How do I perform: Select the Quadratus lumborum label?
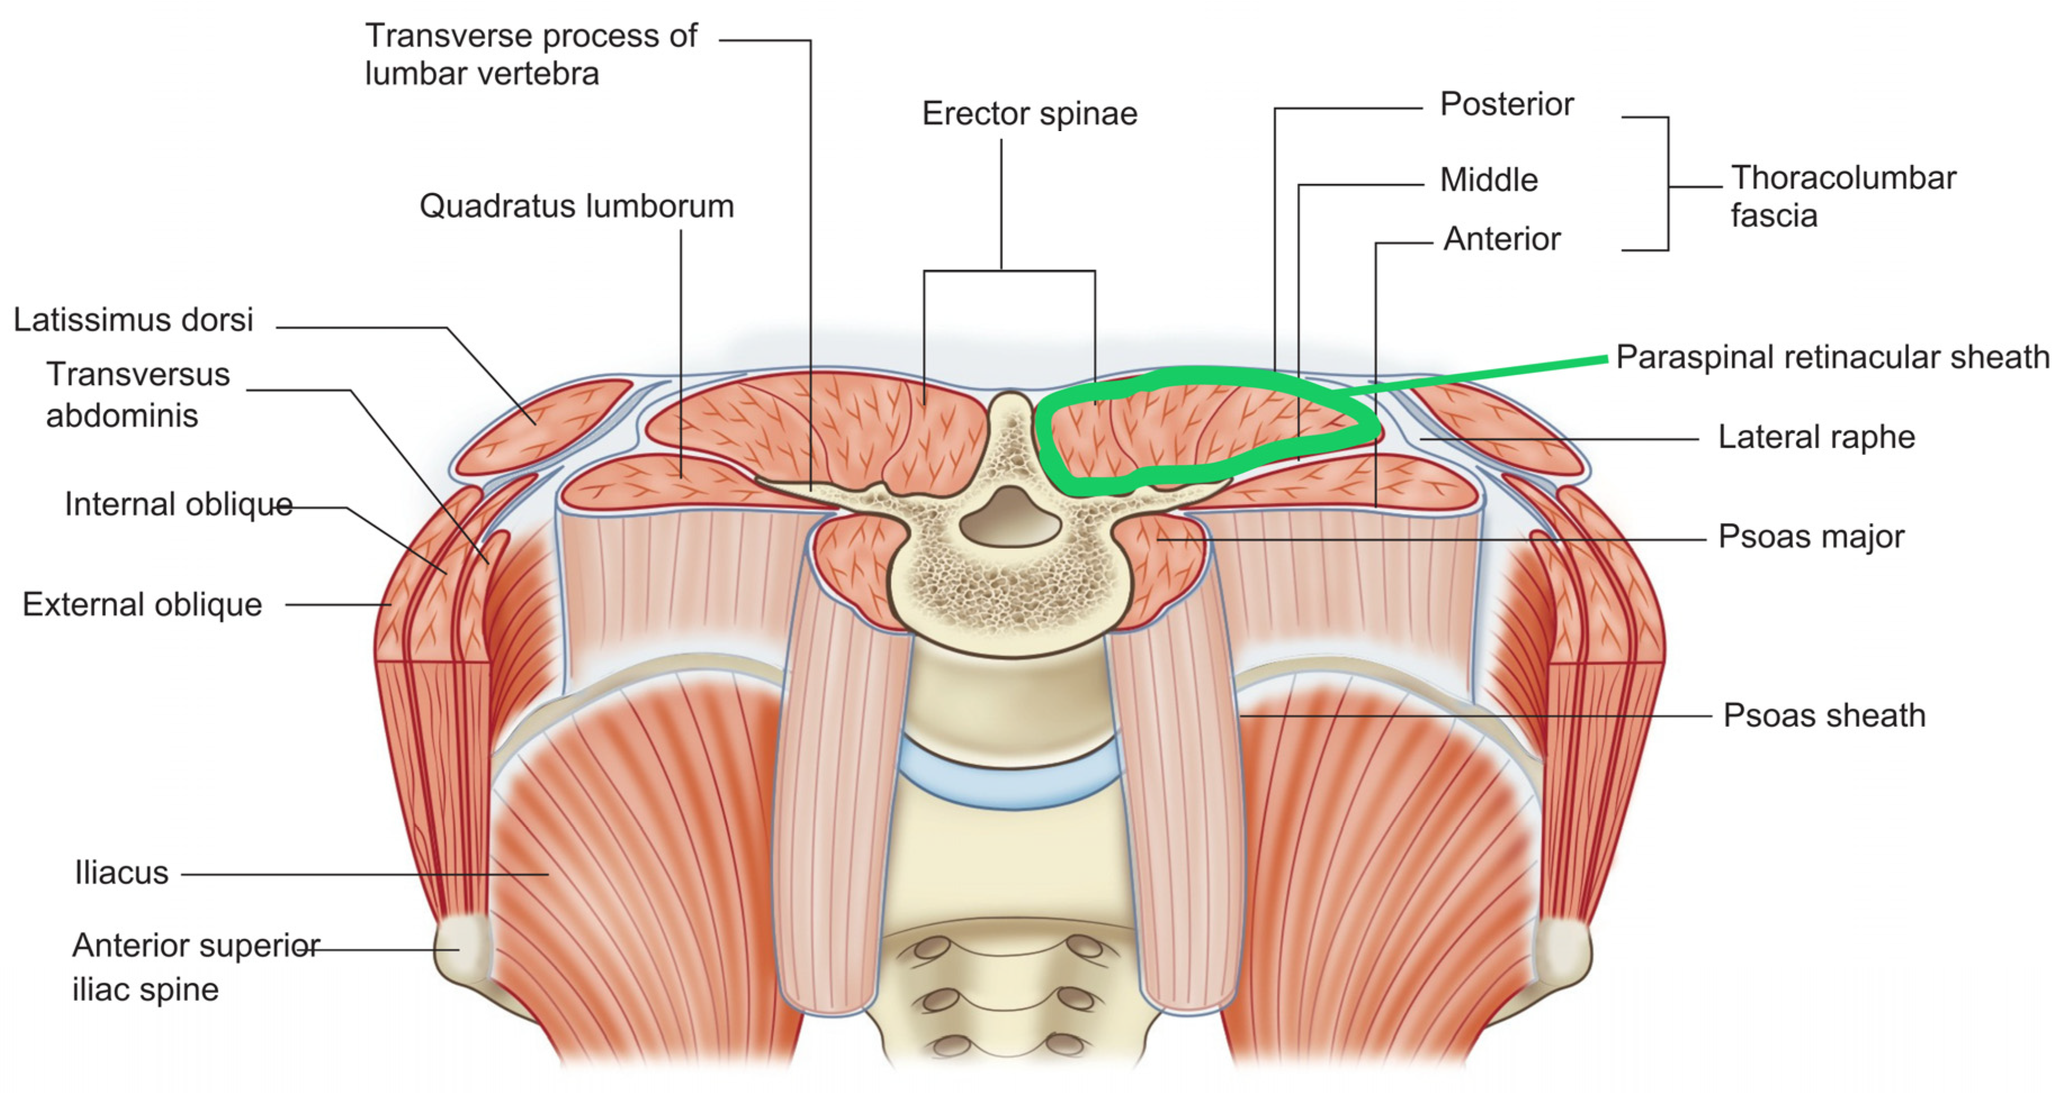coord(576,207)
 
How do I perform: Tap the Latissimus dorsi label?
coord(133,320)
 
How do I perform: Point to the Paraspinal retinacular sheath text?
coord(1832,357)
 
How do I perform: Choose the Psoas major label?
coord(1811,537)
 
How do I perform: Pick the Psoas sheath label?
coord(1823,715)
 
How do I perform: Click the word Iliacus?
coord(122,873)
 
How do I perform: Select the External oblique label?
coord(142,605)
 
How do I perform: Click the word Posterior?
coord(1507,105)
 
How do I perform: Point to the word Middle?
coord(1488,180)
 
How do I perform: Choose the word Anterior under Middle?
coord(1502,239)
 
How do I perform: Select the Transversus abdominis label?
coord(138,395)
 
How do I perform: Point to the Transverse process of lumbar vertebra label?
coord(531,55)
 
